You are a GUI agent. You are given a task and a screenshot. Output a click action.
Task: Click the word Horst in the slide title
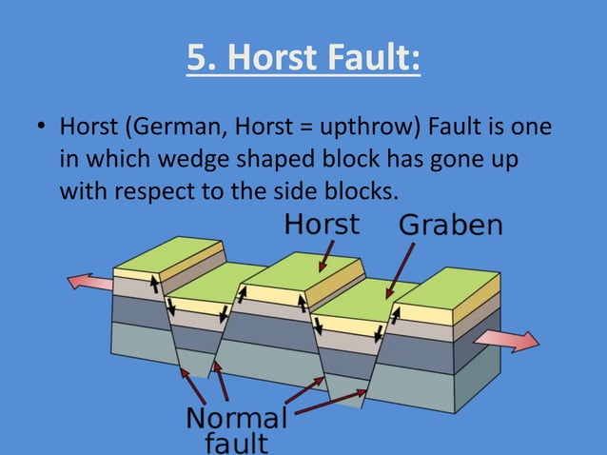point(278,59)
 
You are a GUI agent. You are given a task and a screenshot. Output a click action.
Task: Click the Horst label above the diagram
point(323,224)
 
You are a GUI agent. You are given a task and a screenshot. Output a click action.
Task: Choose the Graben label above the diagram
point(450,226)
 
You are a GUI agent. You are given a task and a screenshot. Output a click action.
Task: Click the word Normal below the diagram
point(236,419)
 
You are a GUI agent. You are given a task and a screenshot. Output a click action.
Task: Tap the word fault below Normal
point(236,443)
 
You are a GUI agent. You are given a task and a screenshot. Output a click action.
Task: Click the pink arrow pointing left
point(89,282)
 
